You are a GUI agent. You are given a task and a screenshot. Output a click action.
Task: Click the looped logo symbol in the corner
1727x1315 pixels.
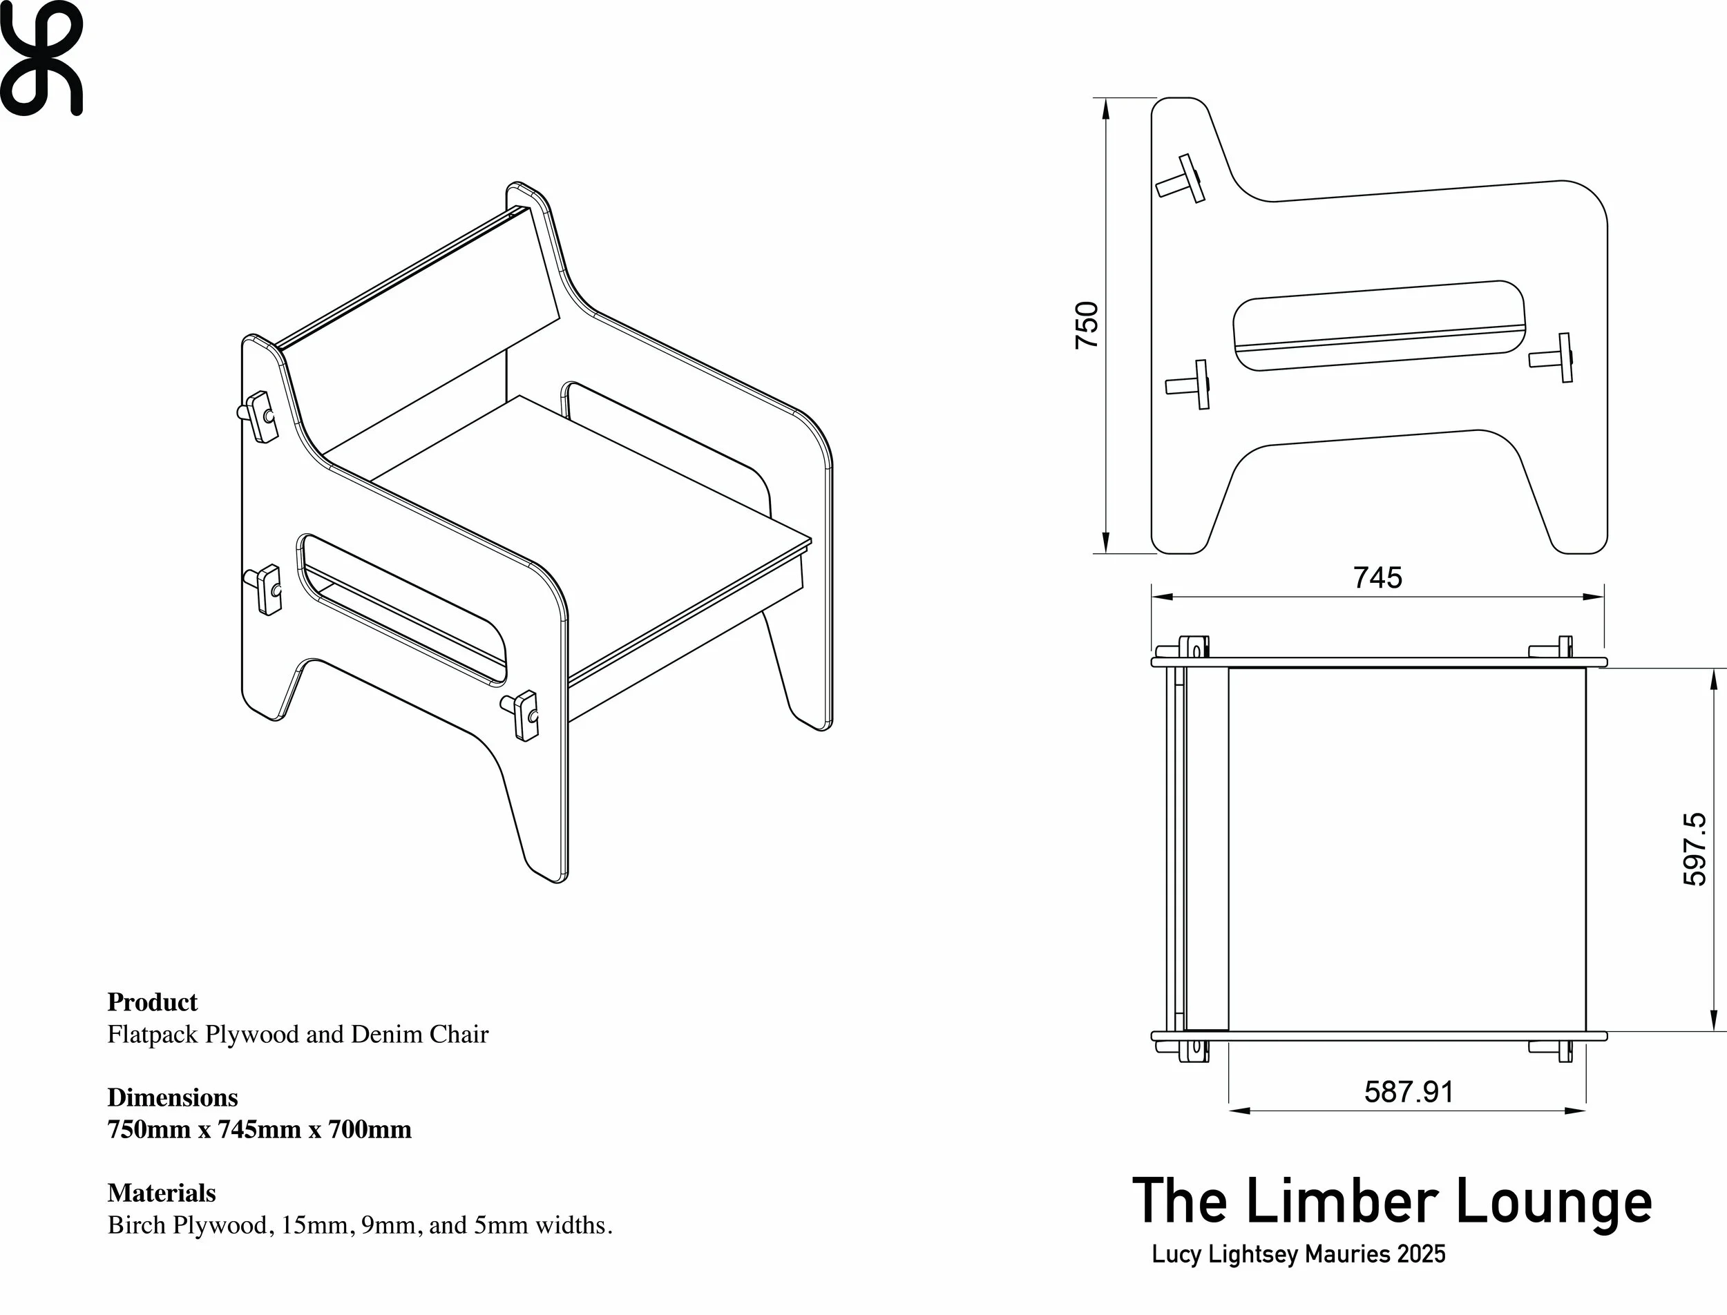(41, 58)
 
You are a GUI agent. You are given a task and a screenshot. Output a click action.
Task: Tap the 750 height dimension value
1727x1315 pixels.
(1087, 325)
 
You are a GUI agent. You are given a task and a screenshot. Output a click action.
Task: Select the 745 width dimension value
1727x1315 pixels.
(1378, 577)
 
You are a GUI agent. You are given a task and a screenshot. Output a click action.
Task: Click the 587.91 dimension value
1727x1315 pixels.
(1409, 1092)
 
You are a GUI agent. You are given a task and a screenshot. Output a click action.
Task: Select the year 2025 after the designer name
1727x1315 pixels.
(1421, 1254)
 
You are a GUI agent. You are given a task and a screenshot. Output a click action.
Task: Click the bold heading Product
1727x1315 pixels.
(152, 1002)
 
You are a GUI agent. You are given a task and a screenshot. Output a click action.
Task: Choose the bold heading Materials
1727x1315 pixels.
(161, 1193)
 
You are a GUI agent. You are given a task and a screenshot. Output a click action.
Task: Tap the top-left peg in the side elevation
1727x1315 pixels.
(1181, 180)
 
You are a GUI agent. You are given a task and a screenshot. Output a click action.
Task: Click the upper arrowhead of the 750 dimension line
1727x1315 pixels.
(1105, 111)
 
